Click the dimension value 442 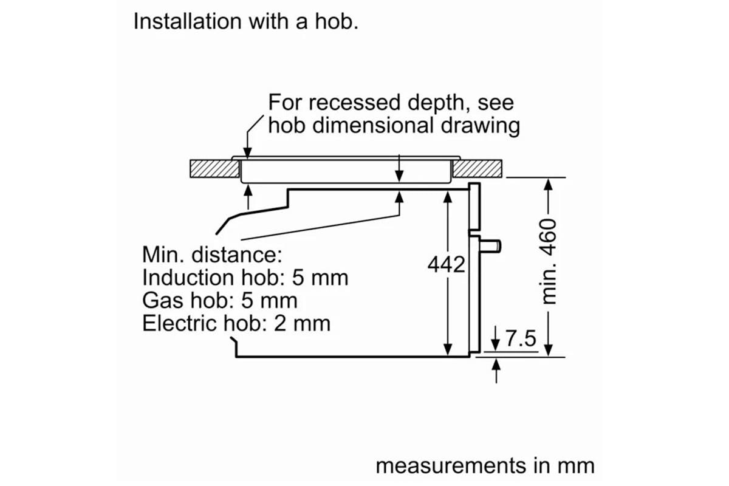click(446, 264)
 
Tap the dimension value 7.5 click(521, 338)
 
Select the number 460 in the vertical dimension click(548, 238)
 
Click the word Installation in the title click(188, 21)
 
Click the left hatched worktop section click(215, 169)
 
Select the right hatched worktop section click(477, 169)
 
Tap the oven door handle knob click(490, 246)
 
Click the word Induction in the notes click(188, 278)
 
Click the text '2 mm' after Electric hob click(302, 323)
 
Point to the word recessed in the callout click(354, 103)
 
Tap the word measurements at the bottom click(451, 466)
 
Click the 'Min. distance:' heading click(212, 255)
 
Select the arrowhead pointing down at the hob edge click(247, 152)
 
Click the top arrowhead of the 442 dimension click(448, 197)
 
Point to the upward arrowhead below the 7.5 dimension click(496, 364)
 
